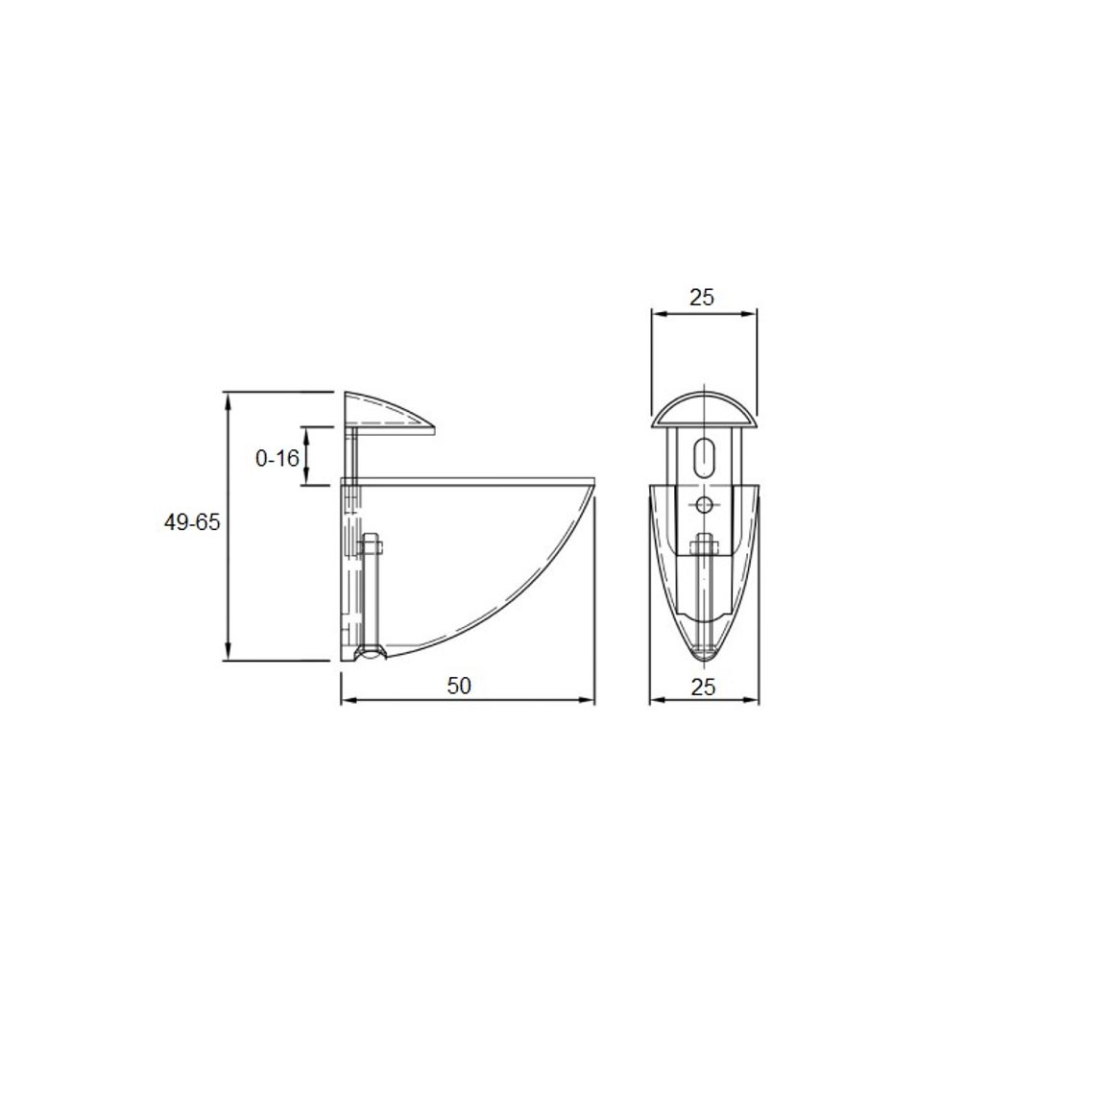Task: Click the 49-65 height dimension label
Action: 192,522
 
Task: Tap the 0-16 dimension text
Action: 277,459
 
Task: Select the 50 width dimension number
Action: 459,686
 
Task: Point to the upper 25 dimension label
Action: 702,298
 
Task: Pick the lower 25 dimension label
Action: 703,687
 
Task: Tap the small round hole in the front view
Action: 705,505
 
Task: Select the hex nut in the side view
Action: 371,545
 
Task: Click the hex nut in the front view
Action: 704,545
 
